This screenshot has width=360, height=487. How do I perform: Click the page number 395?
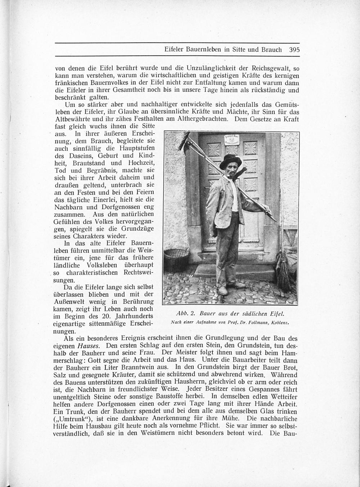click(x=294, y=50)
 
